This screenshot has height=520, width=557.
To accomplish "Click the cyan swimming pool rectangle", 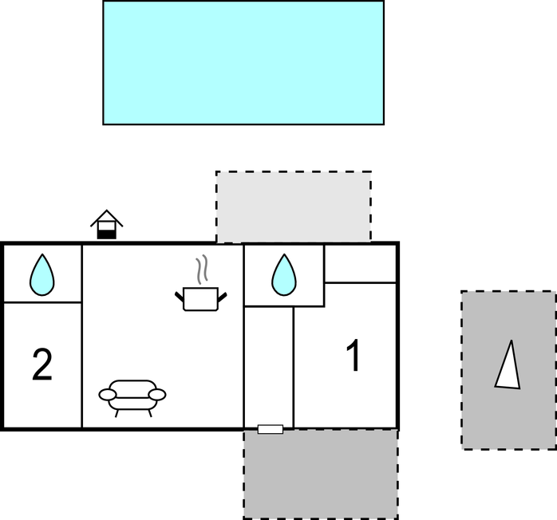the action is coord(243,62).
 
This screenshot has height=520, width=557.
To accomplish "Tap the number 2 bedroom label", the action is coord(42,364).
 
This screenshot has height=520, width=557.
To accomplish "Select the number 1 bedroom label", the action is coord(354,355).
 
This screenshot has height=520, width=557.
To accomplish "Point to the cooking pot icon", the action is coord(201,299).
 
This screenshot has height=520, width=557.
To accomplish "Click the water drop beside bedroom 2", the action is coord(42,274).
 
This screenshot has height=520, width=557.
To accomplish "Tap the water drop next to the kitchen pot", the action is coord(284,274).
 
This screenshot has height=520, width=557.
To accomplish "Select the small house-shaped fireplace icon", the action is coord(107,225).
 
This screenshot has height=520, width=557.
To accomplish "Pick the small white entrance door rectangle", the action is coord(271,429).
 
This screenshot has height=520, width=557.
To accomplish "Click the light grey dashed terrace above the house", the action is coord(294,207).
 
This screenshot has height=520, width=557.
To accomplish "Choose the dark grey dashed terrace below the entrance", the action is coord(321,475).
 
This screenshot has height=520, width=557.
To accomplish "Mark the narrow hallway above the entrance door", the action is coord(269,365).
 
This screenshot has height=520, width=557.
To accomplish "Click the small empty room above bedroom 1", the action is coord(360,264).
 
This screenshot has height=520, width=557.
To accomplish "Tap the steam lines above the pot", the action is coord(201,269).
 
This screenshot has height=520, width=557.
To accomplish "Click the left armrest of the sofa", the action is coord(107,395).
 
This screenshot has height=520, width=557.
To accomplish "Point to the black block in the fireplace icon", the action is coord(107,234).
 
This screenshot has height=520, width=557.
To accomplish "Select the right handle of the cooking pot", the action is coord(223,297).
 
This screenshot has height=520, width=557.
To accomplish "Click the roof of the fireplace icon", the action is coord(107,218).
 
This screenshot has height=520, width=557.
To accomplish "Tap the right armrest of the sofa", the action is coord(157,395).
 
